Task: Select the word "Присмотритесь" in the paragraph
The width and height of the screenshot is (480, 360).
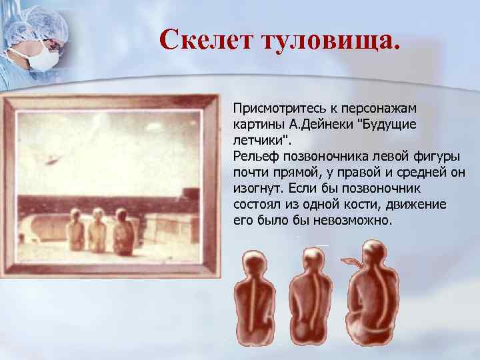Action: (x=279, y=107)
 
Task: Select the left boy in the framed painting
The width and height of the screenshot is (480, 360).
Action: (x=75, y=230)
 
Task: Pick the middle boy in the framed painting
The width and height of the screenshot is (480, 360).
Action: (x=98, y=230)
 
